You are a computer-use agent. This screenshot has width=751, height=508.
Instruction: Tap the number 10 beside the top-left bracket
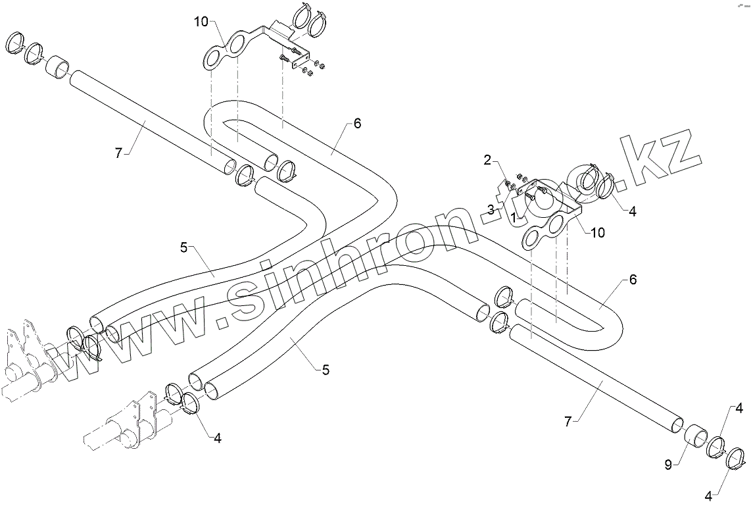click(x=201, y=22)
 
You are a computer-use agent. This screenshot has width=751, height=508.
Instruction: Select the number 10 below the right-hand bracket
click(x=598, y=232)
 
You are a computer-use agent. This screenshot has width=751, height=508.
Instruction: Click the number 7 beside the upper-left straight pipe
click(x=118, y=153)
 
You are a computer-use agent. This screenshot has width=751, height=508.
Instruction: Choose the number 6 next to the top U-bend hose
click(x=357, y=123)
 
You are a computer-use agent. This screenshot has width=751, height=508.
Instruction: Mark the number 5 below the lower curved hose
click(x=326, y=370)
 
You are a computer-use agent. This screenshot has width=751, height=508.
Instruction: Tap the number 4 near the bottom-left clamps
click(x=217, y=438)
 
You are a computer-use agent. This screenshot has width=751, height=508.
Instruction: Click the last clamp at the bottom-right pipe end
click(x=737, y=458)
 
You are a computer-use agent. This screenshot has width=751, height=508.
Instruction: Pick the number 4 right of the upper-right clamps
click(x=633, y=211)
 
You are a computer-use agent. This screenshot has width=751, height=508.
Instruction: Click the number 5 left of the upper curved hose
click(x=184, y=247)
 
